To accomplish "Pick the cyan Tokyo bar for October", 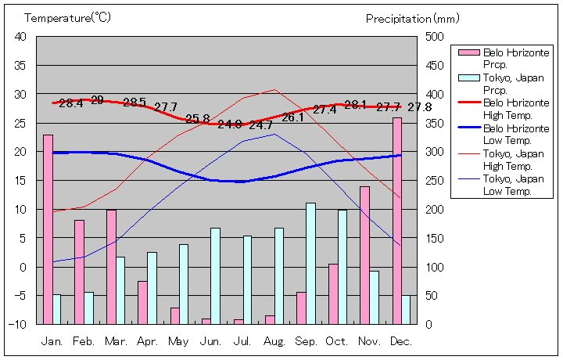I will pos(342,267).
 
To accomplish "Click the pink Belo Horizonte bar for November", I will pos(365,255).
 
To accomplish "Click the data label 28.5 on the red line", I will pos(134,103).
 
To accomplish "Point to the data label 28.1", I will pos(356,105).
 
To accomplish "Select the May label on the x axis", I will pos(178,342).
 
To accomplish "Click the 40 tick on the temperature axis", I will pos(20,37).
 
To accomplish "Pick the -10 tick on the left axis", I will pos(19,324).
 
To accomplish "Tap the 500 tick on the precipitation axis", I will pos(434,37).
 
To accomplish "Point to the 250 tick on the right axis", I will pos(434,181).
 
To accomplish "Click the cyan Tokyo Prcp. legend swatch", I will pos(468,77).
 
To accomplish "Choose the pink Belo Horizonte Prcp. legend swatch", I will pos(468,52).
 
